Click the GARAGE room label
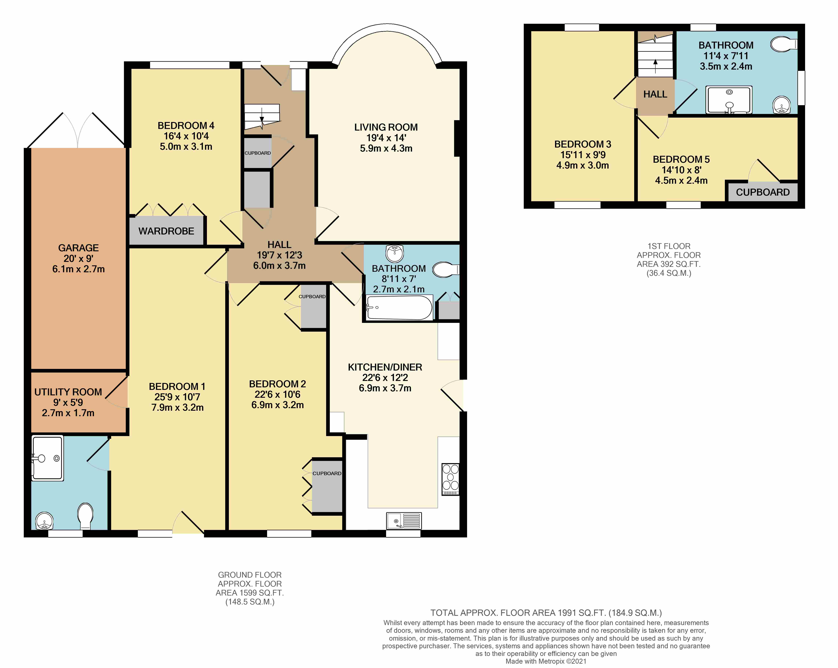click(x=78, y=248)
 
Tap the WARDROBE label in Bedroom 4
click(x=166, y=231)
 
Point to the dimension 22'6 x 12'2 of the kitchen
click(x=385, y=377)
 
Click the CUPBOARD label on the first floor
click(x=763, y=192)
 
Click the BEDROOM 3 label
click(x=583, y=144)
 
